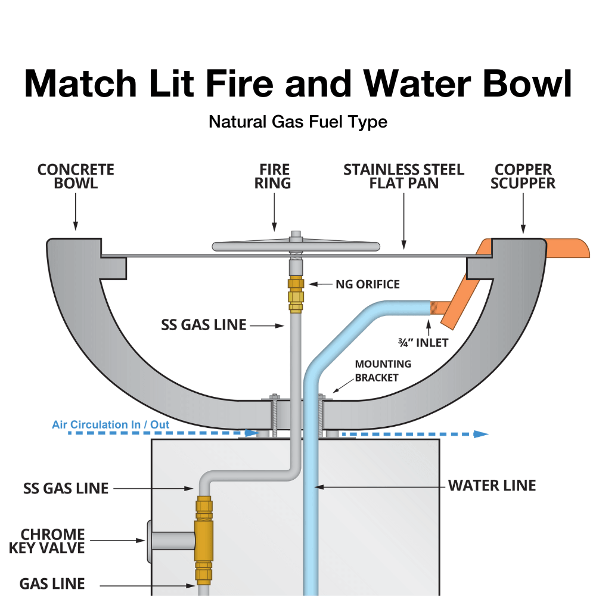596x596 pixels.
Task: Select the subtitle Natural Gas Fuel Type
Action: [298, 122]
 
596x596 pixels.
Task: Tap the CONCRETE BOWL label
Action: [76, 176]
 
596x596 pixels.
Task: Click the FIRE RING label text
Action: [274, 176]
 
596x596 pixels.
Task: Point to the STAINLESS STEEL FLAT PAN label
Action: [403, 176]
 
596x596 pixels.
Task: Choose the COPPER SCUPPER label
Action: [523, 176]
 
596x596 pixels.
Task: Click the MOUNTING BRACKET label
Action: [383, 370]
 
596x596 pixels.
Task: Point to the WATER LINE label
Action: [492, 485]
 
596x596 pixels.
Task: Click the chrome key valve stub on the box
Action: [170, 541]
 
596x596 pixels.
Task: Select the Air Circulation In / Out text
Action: [110, 424]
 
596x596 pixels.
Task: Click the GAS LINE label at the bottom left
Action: [52, 583]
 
